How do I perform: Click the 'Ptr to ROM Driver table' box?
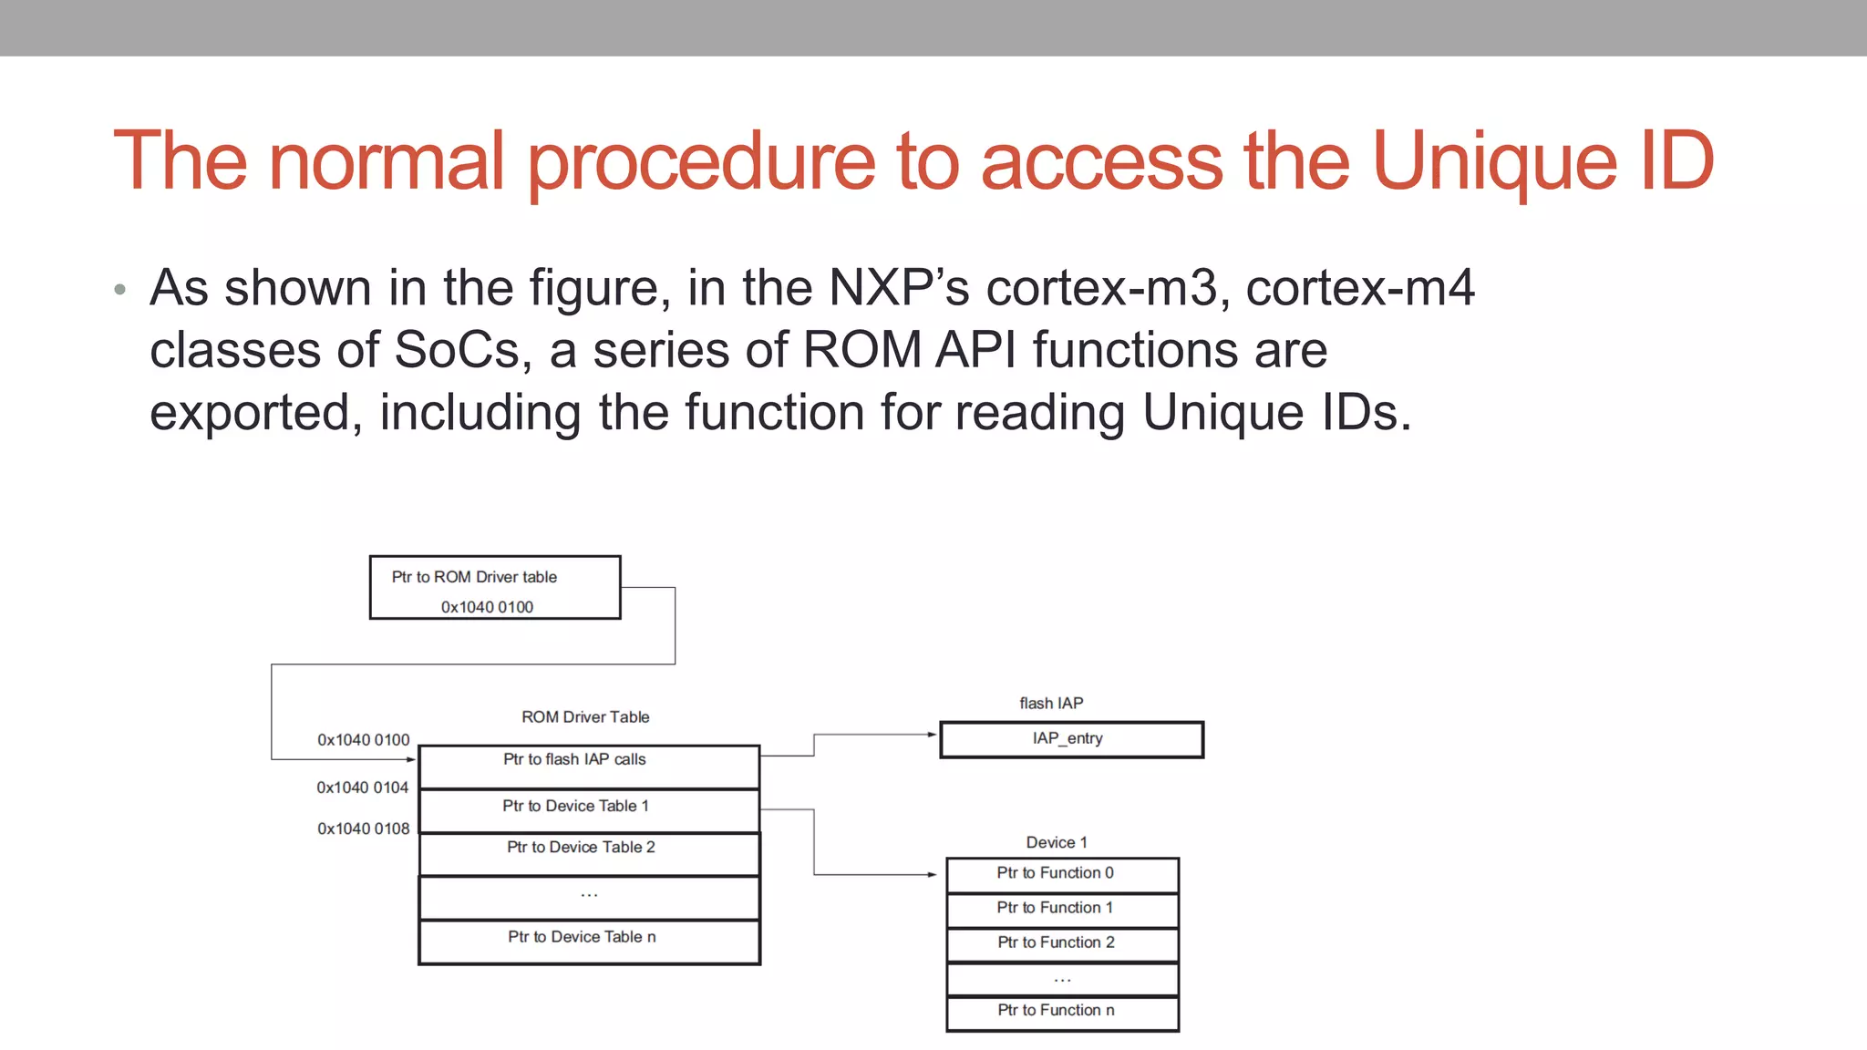tap(495, 588)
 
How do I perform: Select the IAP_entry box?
tap(1071, 739)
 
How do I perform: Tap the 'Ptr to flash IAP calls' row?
tap(589, 767)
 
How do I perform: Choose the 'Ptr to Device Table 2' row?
tap(589, 853)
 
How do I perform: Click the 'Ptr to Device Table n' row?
tap(589, 942)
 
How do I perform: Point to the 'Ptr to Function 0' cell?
tap(1062, 875)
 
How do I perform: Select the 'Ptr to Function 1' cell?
tap(1062, 910)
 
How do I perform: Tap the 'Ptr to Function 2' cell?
tap(1062, 944)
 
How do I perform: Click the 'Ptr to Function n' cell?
tap(1062, 1013)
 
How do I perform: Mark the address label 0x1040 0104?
tap(363, 787)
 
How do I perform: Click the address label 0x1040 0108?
tap(363, 829)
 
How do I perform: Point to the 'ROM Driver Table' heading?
tap(585, 717)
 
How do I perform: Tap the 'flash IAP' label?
tap(1051, 704)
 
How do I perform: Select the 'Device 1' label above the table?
tap(1057, 843)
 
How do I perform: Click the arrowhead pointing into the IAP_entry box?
tap(932, 734)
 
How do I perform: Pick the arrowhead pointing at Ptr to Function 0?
tap(932, 875)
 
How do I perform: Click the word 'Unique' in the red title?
tap(1494, 161)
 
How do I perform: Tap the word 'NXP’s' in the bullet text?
tap(898, 288)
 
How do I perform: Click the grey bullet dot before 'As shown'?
tap(120, 291)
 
